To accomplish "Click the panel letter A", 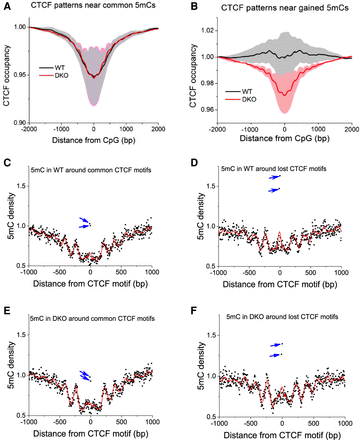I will [7, 6].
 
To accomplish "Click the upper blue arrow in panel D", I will [276, 175].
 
